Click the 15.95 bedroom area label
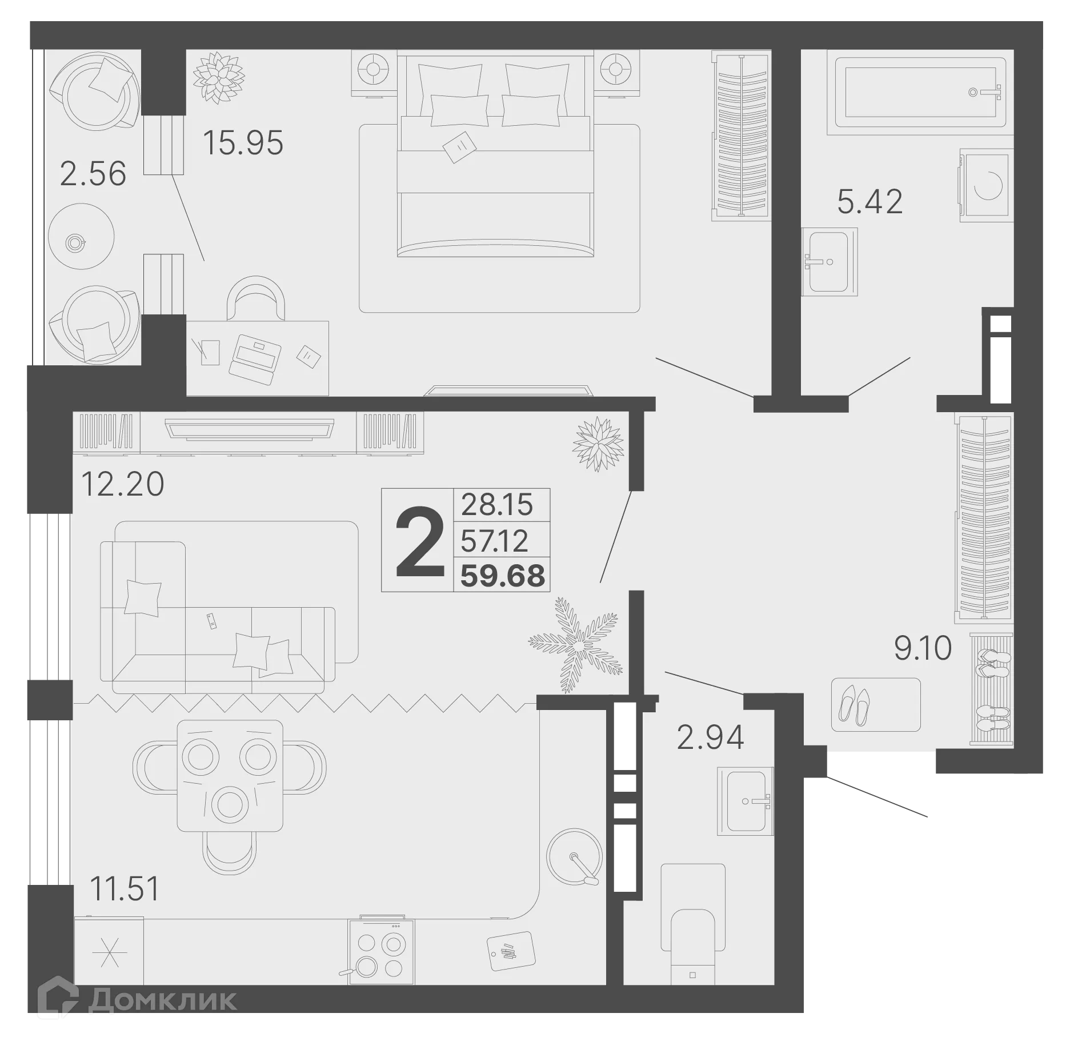243,143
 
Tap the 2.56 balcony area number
93,174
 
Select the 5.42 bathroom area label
869,202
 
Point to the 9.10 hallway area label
923,648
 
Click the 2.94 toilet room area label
710,737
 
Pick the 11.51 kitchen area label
125,889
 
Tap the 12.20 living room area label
122,484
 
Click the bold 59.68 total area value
503,576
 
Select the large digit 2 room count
420,543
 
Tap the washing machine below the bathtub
987,185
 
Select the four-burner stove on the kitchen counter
381,952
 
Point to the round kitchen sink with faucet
574,856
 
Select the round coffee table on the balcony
81,236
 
